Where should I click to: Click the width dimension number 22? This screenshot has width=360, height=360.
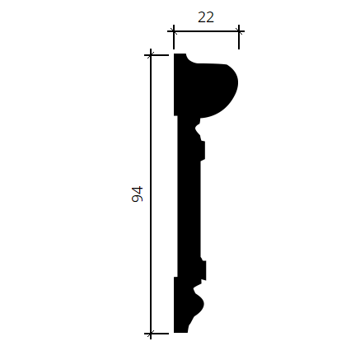[x=206, y=17]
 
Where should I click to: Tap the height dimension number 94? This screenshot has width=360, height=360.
[x=138, y=194]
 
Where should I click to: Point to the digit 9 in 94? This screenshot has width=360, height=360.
[x=138, y=199]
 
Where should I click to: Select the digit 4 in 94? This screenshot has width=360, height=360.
[x=138, y=190]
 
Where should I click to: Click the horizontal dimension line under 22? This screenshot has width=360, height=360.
[x=206, y=31]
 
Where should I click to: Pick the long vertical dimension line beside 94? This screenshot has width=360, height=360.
[x=151, y=194]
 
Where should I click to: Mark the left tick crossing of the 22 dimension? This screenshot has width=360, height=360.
[x=174, y=31]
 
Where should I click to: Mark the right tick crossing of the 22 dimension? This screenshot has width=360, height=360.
[x=239, y=31]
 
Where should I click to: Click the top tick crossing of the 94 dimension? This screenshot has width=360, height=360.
[x=151, y=55]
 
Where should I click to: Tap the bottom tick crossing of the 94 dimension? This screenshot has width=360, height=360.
[x=151, y=334]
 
